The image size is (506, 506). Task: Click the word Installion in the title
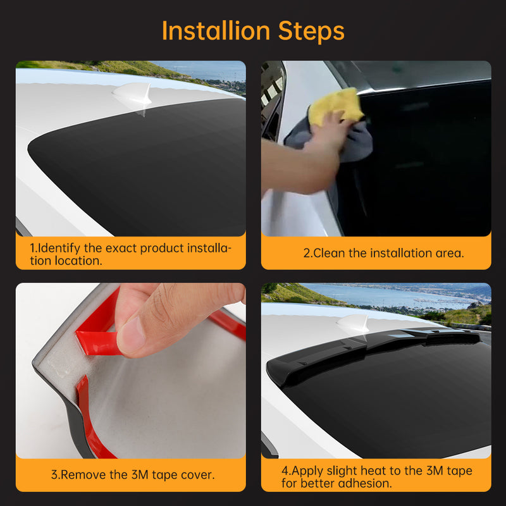click(216, 30)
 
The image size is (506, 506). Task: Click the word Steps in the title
click(311, 31)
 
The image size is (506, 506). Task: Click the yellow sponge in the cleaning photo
click(336, 106)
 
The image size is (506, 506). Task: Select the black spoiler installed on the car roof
click(371, 352)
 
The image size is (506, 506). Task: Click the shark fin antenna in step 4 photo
click(354, 324)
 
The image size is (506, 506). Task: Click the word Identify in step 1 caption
click(59, 248)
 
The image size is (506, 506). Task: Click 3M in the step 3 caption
click(140, 475)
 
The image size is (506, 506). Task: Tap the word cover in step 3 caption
click(197, 476)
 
